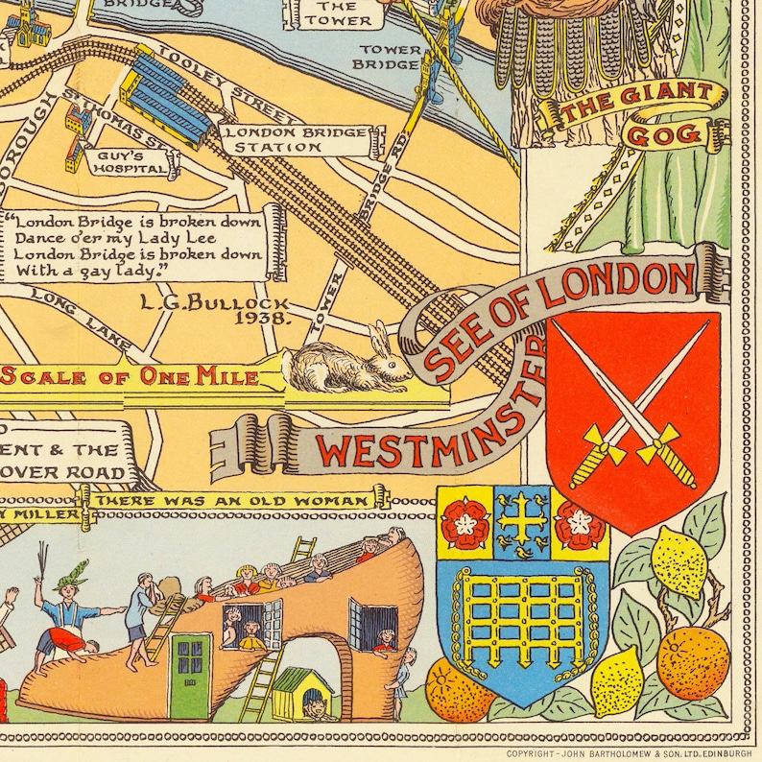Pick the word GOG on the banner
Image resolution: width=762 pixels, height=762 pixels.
point(664,134)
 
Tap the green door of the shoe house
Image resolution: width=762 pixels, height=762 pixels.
point(190,662)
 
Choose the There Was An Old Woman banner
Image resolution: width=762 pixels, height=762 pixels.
point(233,501)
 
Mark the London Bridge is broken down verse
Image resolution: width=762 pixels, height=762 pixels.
point(134,247)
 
